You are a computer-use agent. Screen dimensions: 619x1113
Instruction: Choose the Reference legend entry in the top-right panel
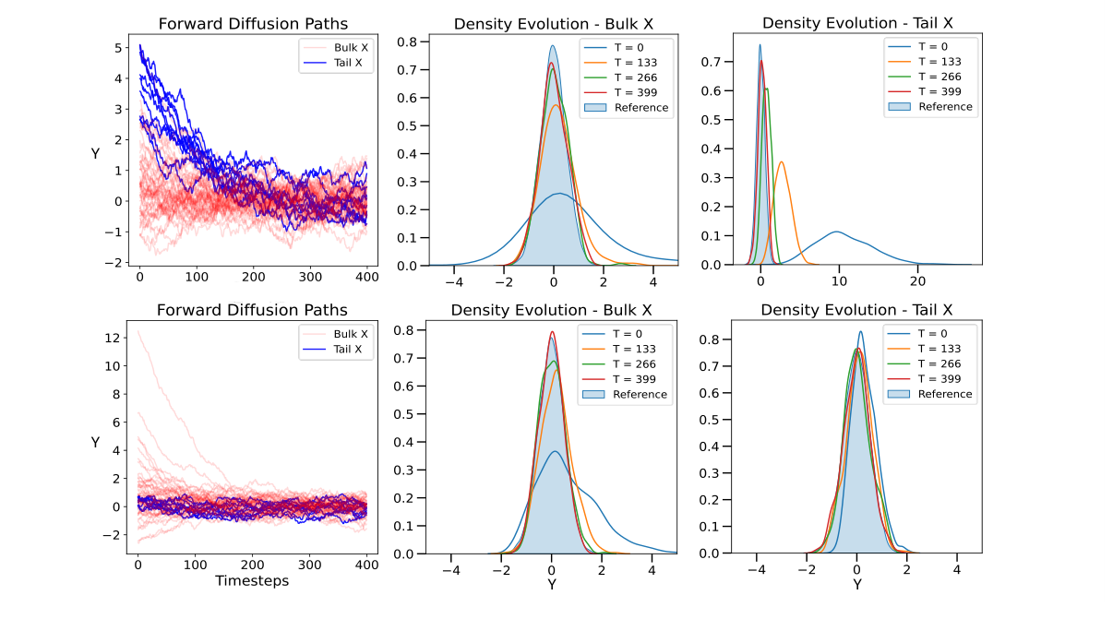tap(945, 106)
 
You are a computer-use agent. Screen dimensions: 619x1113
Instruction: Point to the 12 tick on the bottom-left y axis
tap(113, 338)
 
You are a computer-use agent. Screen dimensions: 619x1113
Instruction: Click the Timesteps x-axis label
tap(252, 581)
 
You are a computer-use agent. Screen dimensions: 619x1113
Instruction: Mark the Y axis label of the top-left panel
tap(96, 153)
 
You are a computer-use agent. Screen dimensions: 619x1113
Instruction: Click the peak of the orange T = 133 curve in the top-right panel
tap(782, 162)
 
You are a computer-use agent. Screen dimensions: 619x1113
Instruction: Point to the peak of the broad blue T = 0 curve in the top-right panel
tap(836, 232)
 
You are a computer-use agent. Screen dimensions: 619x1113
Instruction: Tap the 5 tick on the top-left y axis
tap(117, 47)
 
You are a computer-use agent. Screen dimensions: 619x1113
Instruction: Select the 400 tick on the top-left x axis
tap(367, 275)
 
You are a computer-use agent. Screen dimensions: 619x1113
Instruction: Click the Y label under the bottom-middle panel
tap(552, 584)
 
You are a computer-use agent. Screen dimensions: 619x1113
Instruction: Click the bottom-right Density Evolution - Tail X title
tap(856, 310)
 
